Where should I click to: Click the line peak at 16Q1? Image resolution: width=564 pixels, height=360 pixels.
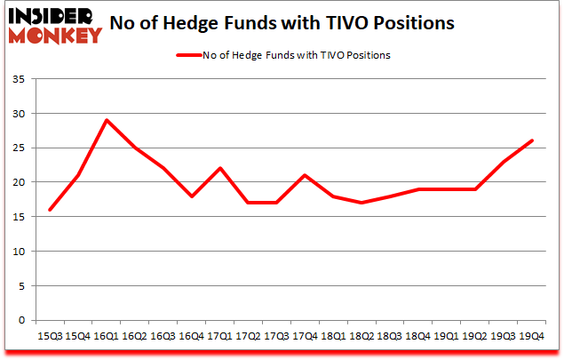point(107,120)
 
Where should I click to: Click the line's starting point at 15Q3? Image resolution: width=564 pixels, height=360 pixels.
point(50,210)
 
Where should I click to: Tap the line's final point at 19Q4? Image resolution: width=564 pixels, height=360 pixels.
point(532,140)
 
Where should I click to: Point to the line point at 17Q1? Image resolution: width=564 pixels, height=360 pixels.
point(219,168)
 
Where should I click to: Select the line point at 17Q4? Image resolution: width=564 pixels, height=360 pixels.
point(305,175)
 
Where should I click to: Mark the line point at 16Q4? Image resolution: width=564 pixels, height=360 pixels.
point(192,196)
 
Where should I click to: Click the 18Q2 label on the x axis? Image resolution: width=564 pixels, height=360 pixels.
point(361,335)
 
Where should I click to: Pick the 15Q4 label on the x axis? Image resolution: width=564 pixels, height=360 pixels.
point(78,335)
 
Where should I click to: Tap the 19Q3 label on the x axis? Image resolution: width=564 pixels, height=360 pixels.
point(504,335)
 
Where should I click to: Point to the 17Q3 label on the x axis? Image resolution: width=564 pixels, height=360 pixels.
point(276,335)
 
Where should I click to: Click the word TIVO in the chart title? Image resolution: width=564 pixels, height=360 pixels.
point(377,22)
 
